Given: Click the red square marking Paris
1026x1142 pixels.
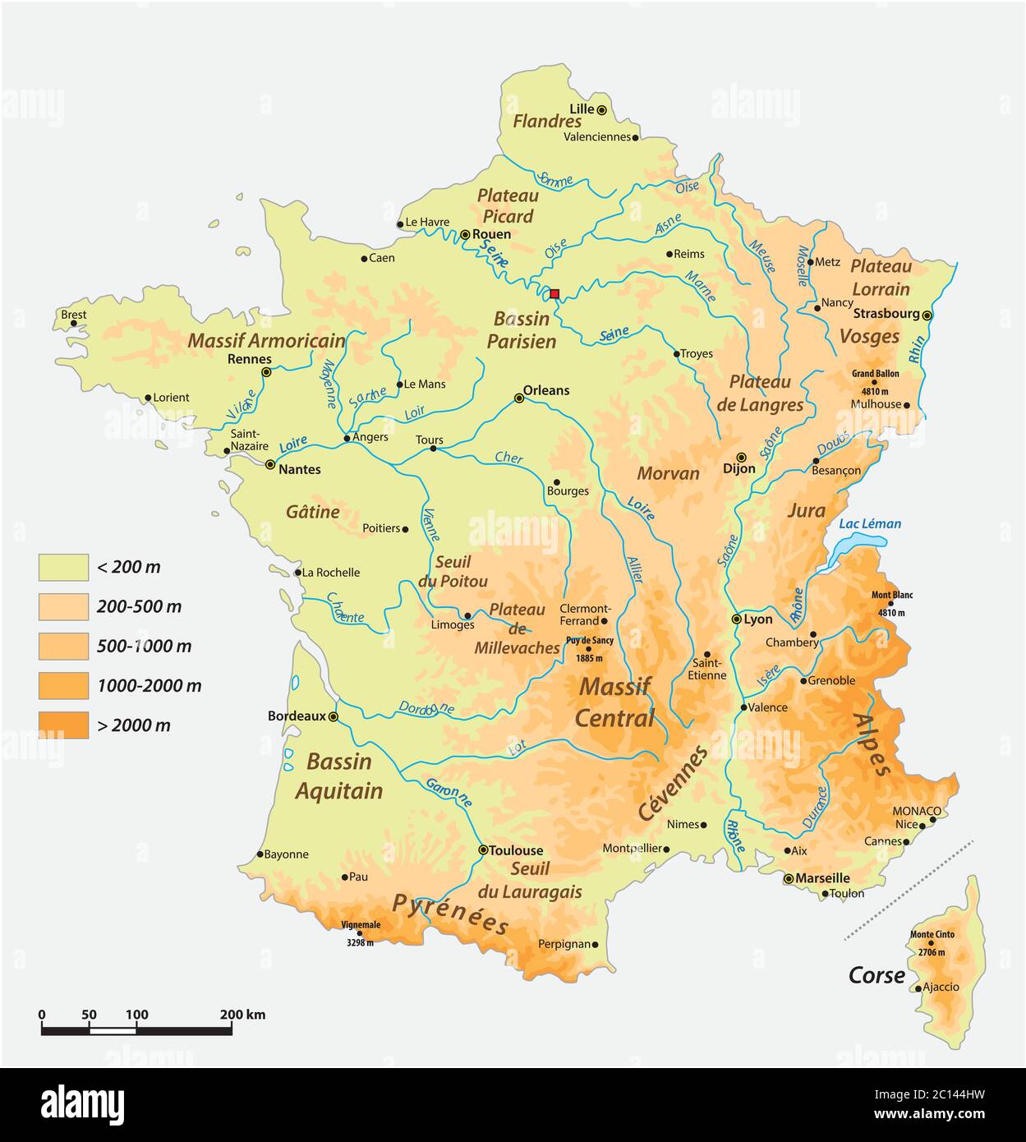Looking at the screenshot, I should point(554,293).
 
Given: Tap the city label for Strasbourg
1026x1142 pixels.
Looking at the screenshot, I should point(886,313).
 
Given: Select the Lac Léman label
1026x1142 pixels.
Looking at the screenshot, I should point(870,523).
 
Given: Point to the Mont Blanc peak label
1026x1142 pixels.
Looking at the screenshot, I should point(891,595).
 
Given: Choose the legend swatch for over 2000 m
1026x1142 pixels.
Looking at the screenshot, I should point(63,725).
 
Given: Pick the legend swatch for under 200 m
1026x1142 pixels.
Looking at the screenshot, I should point(63,567).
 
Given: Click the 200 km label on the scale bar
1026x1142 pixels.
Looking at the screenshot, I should point(242,1015).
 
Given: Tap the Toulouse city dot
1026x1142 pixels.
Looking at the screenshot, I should point(483,850).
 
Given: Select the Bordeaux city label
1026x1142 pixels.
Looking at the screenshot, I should point(297,716).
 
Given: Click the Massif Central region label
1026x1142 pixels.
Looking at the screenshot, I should point(614,702).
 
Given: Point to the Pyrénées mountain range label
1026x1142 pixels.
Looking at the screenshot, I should point(450,914).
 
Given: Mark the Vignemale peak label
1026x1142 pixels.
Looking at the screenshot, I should point(361,924).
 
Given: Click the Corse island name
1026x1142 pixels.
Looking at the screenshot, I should point(876,975).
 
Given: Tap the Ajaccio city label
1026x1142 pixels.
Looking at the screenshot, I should point(941,987).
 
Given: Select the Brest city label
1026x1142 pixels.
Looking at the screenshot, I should point(74,314).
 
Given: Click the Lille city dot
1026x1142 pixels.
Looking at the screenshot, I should point(601,109).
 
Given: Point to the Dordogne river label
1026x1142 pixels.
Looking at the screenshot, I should point(426,708).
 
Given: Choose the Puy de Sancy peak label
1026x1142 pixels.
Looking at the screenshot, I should point(589,640).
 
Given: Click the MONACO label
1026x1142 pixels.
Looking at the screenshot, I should point(917,811).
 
